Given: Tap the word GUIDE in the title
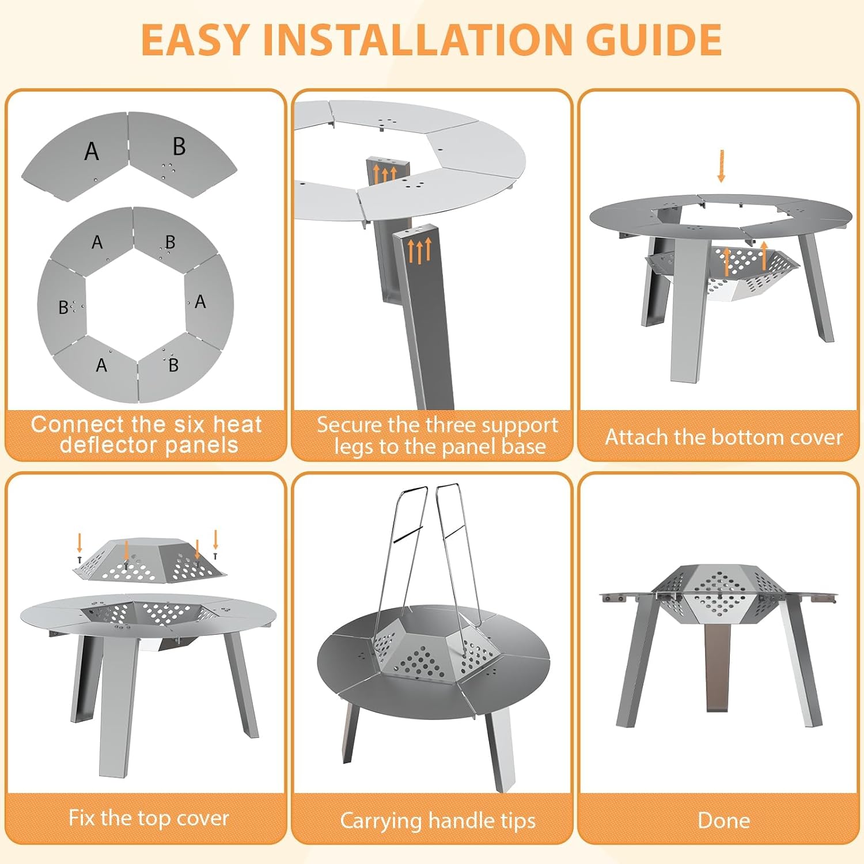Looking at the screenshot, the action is tap(654, 40).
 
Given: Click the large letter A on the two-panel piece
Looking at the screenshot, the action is tap(91, 151).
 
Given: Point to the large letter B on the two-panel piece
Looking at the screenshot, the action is tap(179, 146).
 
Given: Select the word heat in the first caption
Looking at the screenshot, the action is tap(237, 425).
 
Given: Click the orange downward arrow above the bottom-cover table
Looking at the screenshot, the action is tap(721, 166).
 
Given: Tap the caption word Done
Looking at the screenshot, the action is tap(723, 820).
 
